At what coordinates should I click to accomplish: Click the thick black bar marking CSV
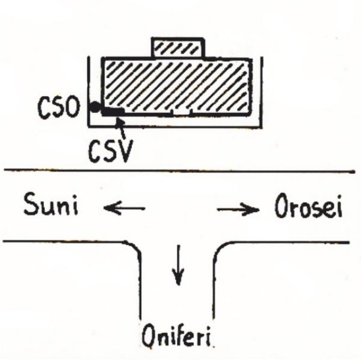tap(113, 112)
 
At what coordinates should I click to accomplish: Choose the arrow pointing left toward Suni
tap(125, 209)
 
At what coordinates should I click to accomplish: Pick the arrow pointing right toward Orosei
tap(238, 209)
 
